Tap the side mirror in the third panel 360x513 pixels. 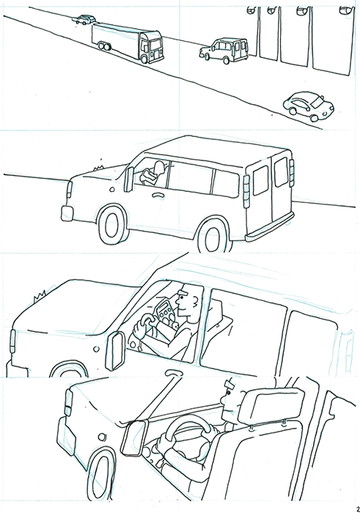point(117,352)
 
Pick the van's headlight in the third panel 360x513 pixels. point(13,339)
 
